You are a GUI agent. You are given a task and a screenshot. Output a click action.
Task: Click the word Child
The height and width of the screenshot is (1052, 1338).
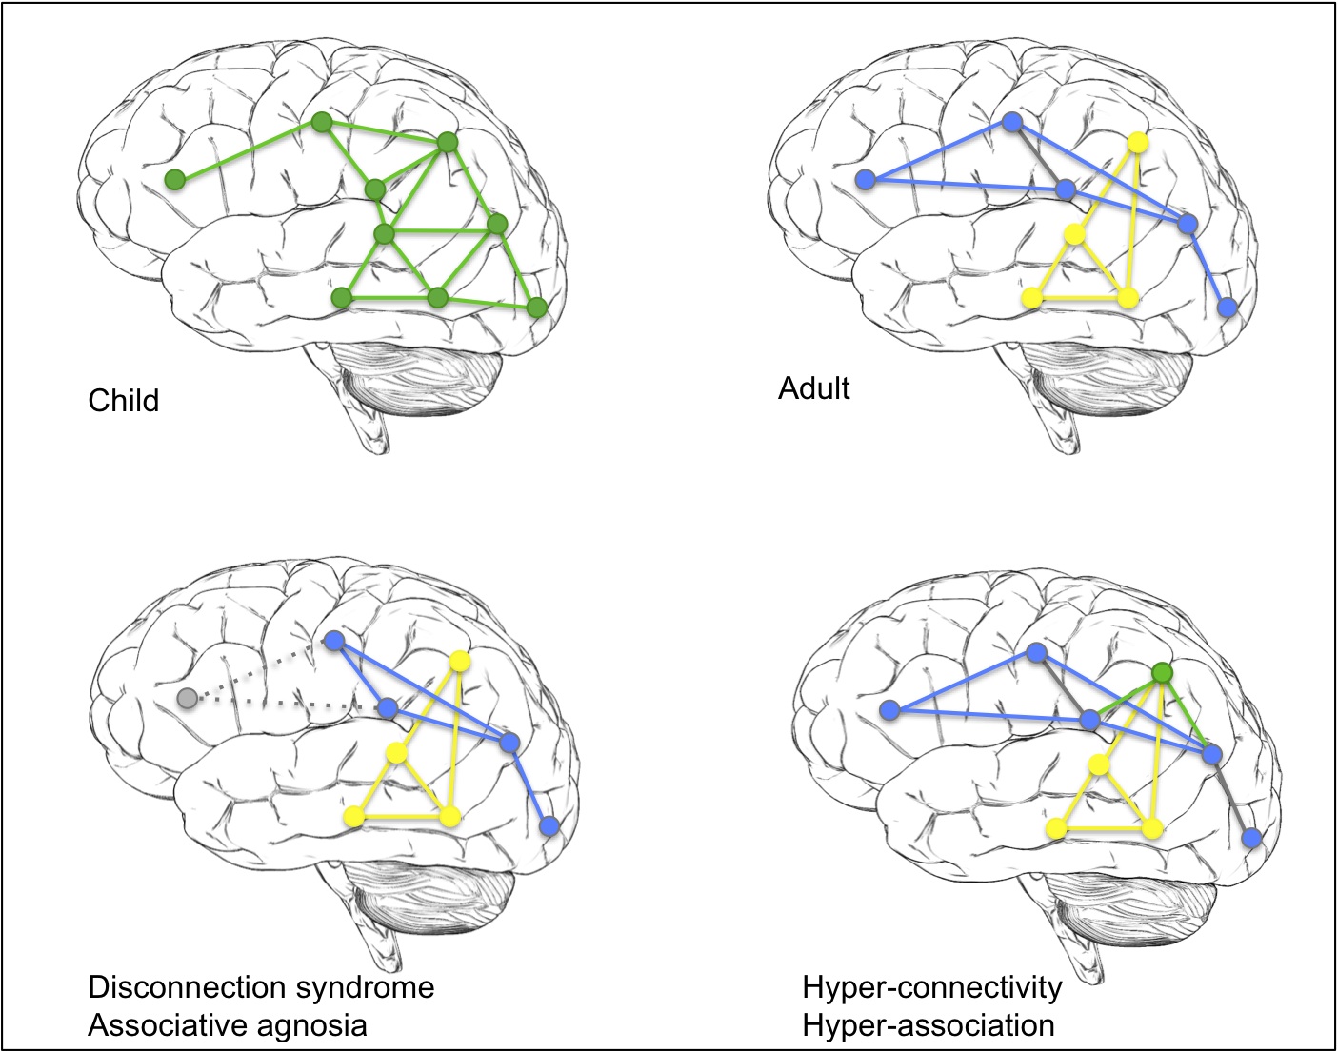pos(123,401)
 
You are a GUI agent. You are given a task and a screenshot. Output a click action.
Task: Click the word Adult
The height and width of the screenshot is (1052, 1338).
pos(813,388)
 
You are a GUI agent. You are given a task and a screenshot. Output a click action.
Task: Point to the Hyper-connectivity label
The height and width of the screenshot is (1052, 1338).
pos(931,987)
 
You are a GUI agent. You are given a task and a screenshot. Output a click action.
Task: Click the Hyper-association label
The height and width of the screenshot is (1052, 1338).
pos(928,1025)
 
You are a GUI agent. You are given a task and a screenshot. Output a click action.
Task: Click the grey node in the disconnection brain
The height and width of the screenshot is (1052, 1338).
pos(188,699)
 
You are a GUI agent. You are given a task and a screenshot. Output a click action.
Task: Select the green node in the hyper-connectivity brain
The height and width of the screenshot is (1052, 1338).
pos(1161,673)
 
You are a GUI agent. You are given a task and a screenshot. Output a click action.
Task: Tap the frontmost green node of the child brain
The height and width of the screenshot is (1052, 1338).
pos(174,179)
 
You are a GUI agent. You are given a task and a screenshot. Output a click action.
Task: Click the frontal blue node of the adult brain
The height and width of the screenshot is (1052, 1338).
pos(866,179)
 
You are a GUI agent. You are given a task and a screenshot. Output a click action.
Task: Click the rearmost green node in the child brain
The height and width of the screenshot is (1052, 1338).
pos(537,307)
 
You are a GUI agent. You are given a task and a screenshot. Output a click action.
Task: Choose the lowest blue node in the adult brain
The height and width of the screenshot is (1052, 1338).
pos(1228,308)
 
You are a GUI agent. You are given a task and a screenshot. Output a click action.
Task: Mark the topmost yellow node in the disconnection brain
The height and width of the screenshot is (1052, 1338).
pos(461,661)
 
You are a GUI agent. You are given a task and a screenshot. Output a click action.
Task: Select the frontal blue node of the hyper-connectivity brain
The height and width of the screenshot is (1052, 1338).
pos(889,709)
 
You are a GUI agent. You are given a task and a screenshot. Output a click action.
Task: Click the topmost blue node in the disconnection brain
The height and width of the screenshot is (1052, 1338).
pos(334,641)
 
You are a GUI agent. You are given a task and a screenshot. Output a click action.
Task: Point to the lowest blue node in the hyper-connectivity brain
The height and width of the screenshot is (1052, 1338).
pos(1252,837)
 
